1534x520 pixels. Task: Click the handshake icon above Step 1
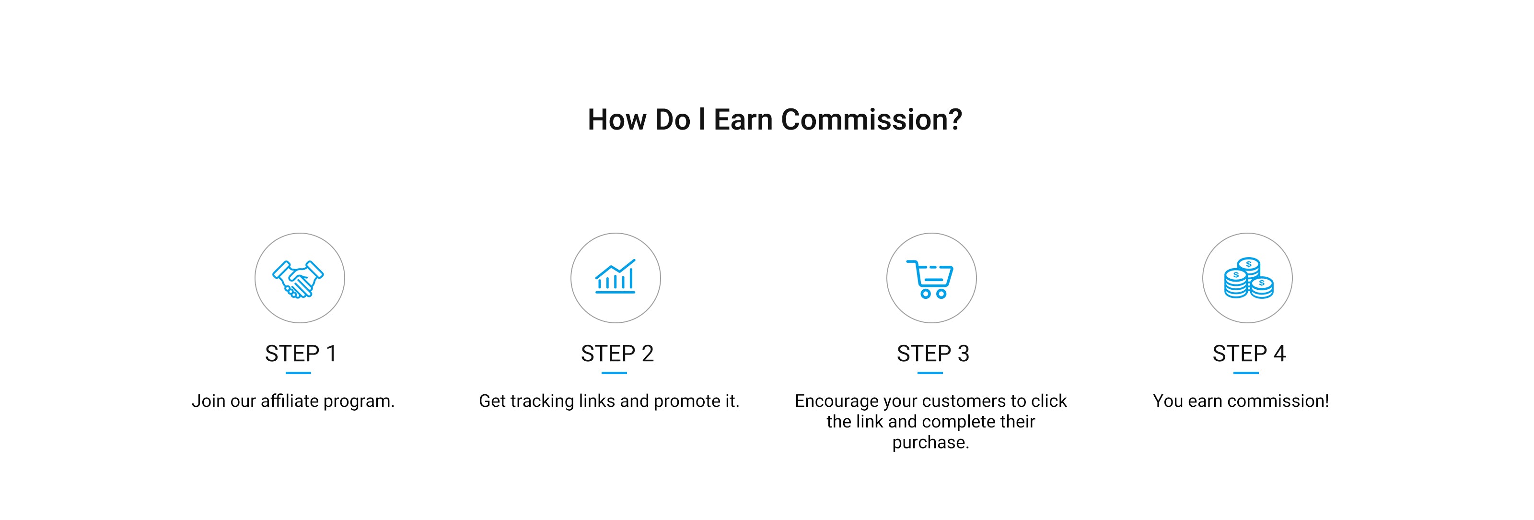(298, 278)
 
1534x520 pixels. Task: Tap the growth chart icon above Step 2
(615, 276)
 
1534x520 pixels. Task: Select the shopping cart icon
(930, 279)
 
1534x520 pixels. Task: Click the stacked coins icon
(1249, 278)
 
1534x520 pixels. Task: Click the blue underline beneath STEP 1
(298, 373)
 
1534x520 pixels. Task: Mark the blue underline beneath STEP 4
(1246, 373)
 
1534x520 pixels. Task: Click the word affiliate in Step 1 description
(290, 401)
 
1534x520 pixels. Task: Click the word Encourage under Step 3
(837, 402)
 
